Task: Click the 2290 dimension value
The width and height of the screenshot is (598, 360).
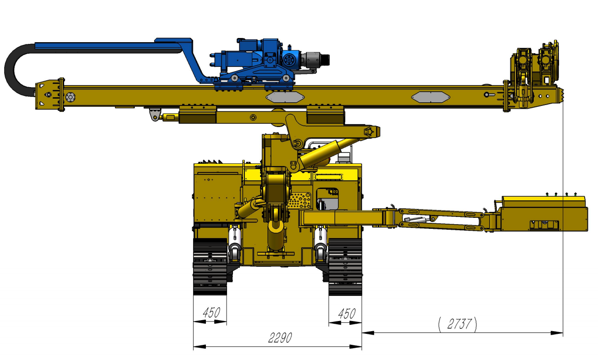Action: coord(280,338)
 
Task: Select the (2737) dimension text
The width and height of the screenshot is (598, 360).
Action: coord(458,324)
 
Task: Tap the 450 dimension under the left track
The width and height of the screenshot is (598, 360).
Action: coord(211,313)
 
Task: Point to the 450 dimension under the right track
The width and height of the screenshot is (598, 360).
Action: coord(346,314)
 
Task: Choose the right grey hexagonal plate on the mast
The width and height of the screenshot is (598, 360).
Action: coord(430,97)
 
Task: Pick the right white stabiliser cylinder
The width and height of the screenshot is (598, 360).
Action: coord(321,238)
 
